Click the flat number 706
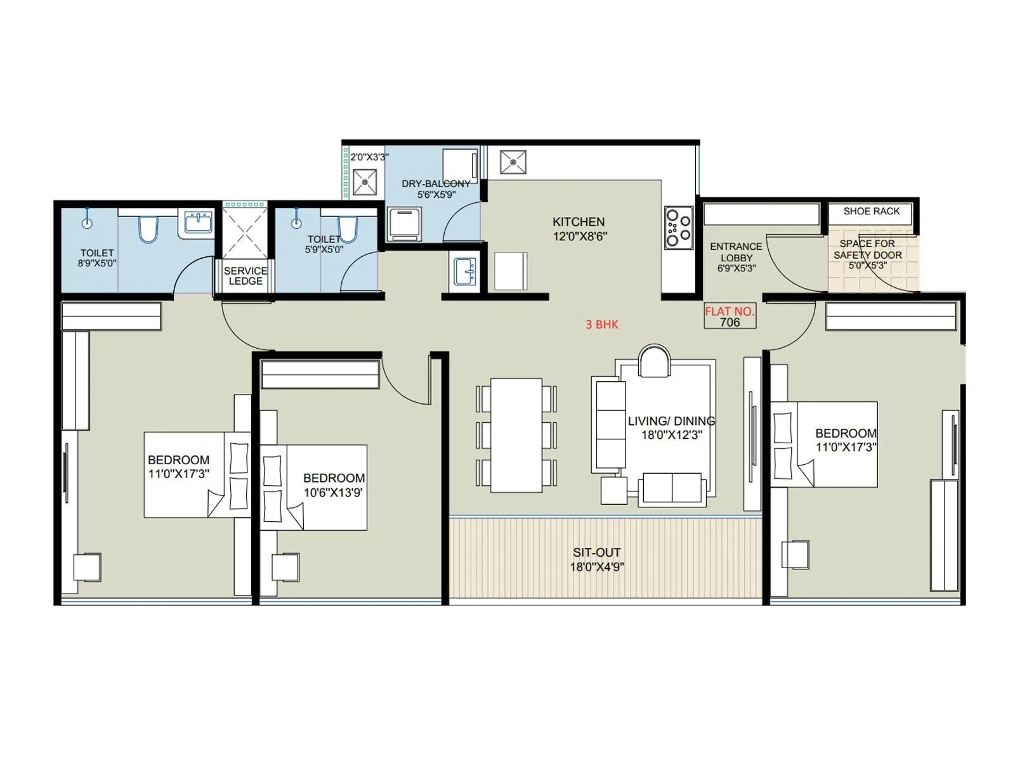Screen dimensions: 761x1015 [730, 322]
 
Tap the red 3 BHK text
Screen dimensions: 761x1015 [601, 324]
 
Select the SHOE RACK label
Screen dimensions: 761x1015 [871, 211]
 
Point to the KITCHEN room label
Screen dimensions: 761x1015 [578, 222]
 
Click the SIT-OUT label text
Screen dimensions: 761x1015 [596, 552]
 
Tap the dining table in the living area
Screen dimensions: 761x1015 [516, 435]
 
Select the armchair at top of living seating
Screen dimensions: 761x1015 [654, 361]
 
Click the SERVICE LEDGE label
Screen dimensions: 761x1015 [246, 276]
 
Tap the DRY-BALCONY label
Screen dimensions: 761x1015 [436, 184]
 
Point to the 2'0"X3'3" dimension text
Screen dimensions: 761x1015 [369, 157]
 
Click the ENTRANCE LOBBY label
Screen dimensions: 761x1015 [736, 252]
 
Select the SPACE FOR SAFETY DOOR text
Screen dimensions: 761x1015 [867, 249]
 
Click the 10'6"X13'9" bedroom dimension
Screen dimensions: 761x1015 [334, 492]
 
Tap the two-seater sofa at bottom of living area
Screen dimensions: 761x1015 [672, 489]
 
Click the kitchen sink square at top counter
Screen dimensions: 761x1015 [513, 162]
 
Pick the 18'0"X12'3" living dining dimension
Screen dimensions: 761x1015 [672, 435]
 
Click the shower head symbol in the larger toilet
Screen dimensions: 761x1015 [87, 223]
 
